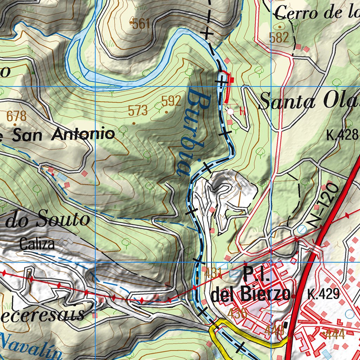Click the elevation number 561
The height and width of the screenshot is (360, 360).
[x=141, y=24]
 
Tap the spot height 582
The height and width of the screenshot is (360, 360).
[x=279, y=38]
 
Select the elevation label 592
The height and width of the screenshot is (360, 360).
[x=171, y=101]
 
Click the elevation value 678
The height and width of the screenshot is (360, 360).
[x=17, y=116]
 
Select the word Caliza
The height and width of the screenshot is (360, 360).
[x=37, y=244]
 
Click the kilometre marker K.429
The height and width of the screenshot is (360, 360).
[x=323, y=294]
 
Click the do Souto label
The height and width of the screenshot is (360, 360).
[x=47, y=220]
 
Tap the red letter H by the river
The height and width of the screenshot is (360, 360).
[x=242, y=112]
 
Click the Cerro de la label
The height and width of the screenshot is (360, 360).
[x=316, y=13]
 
